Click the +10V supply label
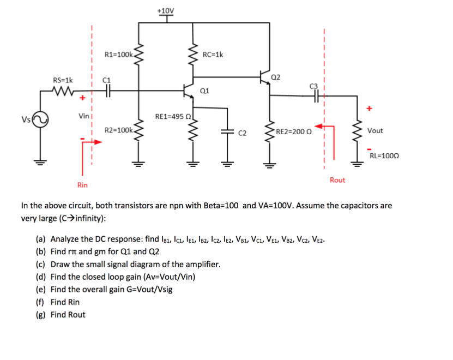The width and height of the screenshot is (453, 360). click(166, 10)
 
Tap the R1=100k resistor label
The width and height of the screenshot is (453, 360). click(118, 55)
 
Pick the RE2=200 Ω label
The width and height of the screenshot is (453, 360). click(295, 131)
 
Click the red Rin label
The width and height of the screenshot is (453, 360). click(82, 185)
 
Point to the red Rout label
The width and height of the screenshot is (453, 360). click(337, 180)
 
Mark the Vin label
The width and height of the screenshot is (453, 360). click(84, 116)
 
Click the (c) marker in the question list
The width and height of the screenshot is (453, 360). click(41, 265)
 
